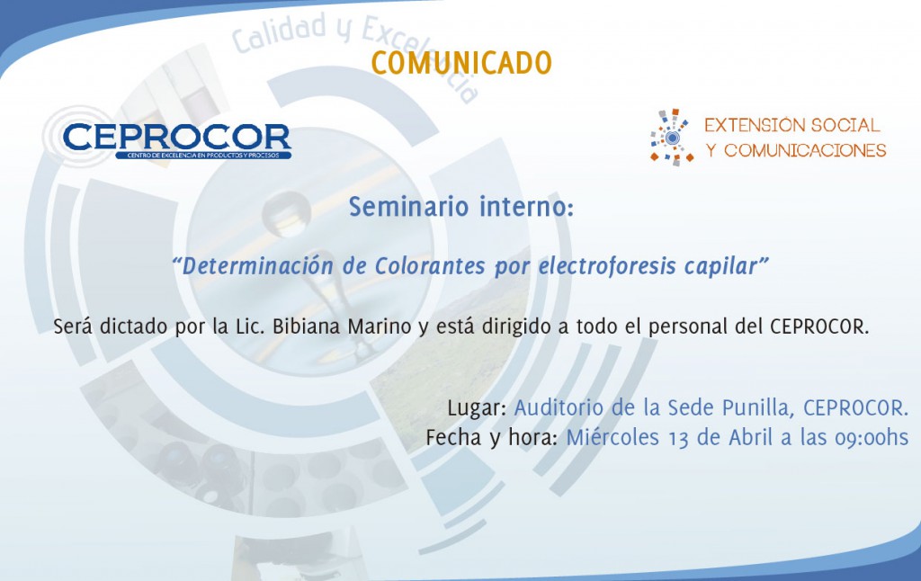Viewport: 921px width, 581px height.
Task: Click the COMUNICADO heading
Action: [461, 64]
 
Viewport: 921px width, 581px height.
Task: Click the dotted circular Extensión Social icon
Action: [672, 138]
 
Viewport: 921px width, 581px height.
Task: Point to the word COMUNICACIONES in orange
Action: [805, 150]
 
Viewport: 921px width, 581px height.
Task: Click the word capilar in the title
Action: [721, 266]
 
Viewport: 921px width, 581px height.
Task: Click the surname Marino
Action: [380, 326]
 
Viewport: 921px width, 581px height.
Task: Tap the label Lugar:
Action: [477, 407]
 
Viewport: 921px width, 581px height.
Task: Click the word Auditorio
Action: [559, 407]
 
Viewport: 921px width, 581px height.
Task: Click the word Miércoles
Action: [613, 437]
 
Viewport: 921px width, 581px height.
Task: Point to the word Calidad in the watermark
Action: [280, 33]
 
